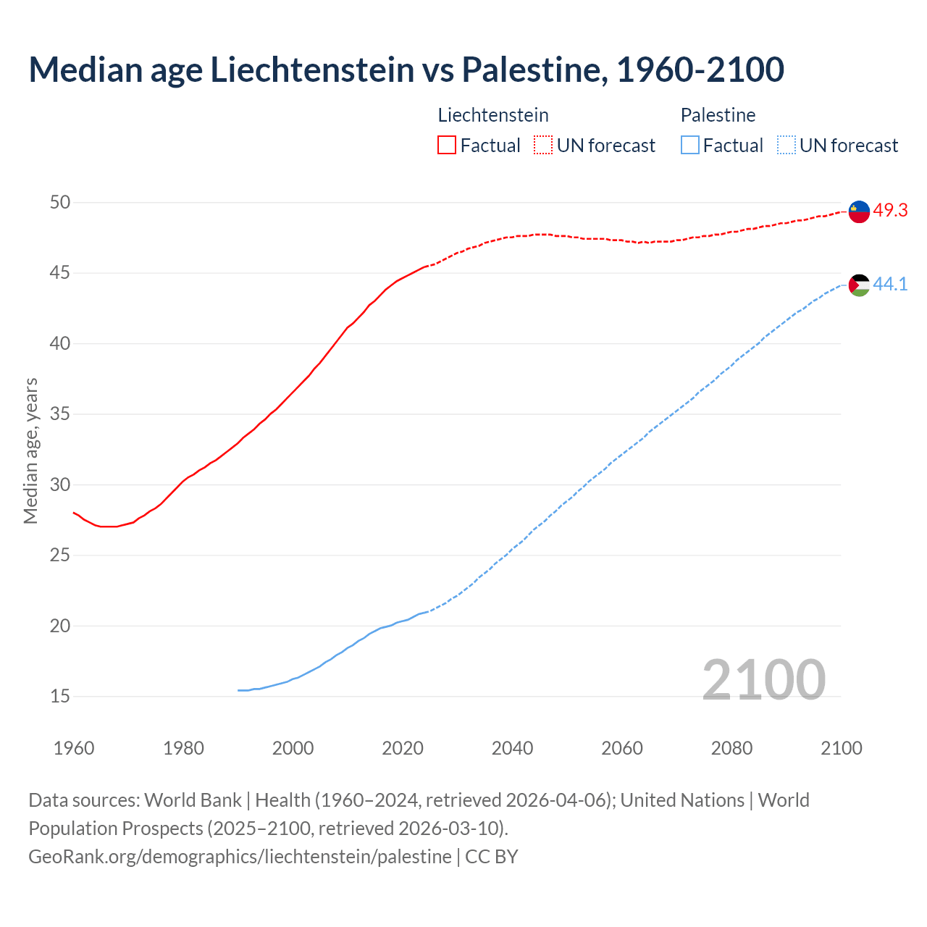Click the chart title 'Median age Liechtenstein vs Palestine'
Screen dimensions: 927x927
(x=406, y=70)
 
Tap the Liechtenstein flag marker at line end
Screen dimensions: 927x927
(x=859, y=211)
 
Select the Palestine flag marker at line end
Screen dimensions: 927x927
(x=859, y=285)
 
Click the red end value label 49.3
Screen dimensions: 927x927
(x=890, y=211)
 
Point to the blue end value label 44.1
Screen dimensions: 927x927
(x=890, y=285)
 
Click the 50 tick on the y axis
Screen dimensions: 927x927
(x=60, y=203)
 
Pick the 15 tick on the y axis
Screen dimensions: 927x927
(x=60, y=697)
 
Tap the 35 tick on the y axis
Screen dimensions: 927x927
(x=60, y=414)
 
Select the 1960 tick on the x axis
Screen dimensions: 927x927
(x=74, y=748)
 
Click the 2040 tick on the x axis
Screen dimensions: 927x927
(x=512, y=748)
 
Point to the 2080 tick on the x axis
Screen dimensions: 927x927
(x=731, y=748)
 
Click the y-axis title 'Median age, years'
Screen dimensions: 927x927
(x=30, y=450)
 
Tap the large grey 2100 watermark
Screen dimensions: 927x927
(x=763, y=679)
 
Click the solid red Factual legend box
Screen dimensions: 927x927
(x=447, y=146)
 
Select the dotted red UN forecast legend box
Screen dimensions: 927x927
(x=543, y=146)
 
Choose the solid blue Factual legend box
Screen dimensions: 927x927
(x=690, y=146)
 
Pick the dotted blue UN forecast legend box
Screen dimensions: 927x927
(x=787, y=146)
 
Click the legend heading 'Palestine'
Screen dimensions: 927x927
(x=718, y=115)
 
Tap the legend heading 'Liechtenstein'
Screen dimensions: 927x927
(x=493, y=115)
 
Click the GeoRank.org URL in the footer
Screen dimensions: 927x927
(x=240, y=857)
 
